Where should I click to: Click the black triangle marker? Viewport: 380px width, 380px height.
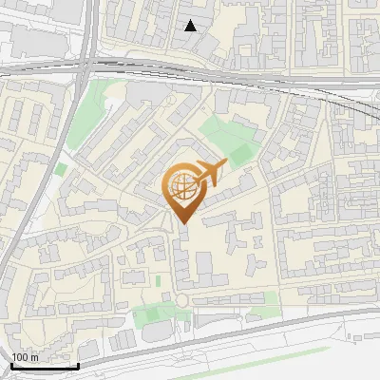[x=191, y=26]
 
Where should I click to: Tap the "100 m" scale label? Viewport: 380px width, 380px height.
[x=26, y=357]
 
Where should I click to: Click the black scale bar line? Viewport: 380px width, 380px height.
[x=45, y=366]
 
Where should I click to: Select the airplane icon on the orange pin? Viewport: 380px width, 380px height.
[x=211, y=172]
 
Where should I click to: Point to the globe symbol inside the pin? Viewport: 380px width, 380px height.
[x=180, y=187]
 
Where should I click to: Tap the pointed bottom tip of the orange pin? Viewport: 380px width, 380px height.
[x=181, y=223]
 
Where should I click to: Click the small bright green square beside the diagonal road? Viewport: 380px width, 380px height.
[x=62, y=169]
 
